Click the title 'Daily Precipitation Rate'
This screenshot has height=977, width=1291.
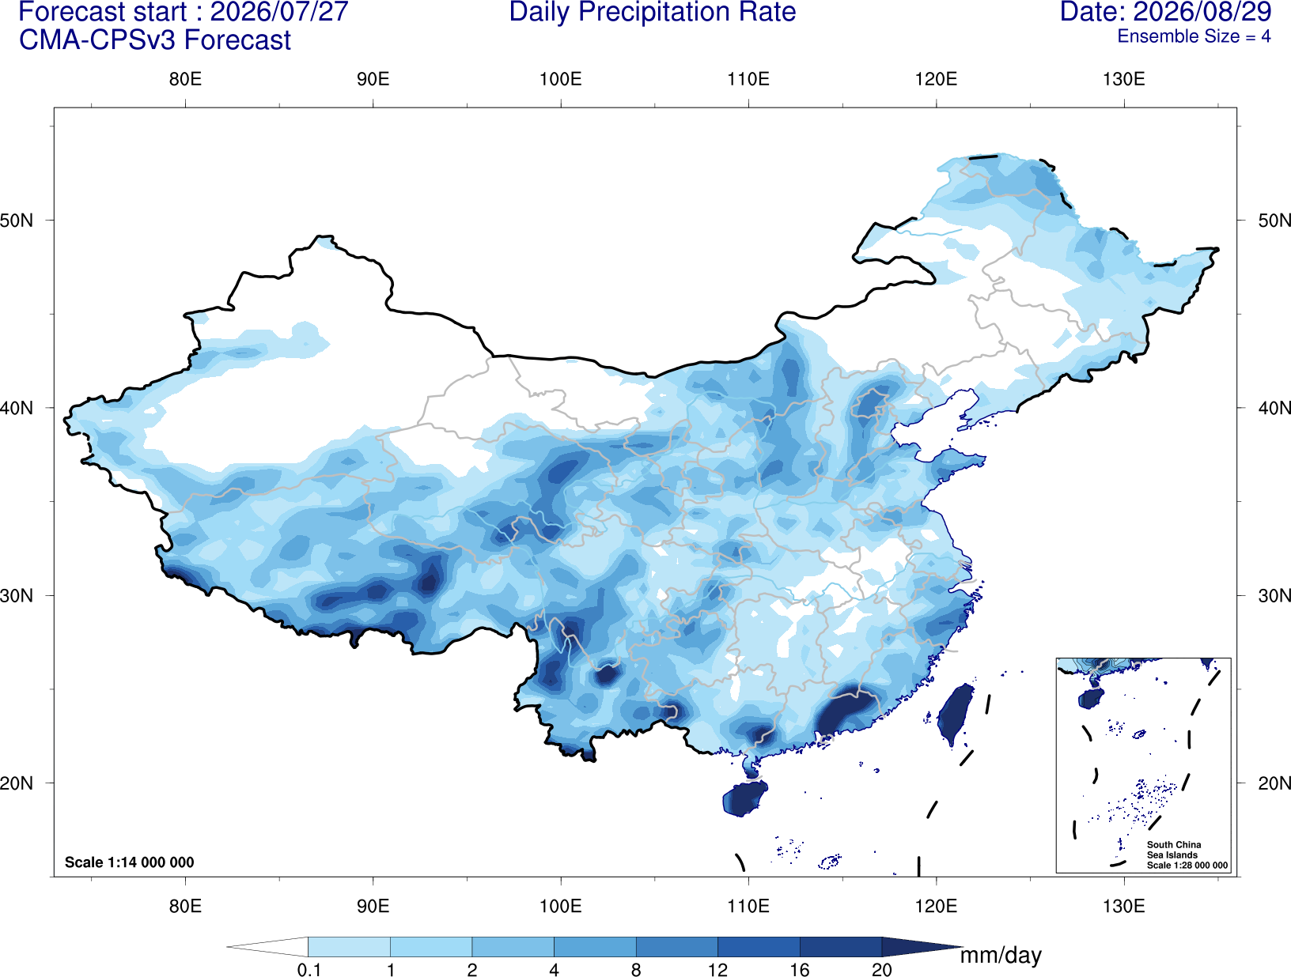653,12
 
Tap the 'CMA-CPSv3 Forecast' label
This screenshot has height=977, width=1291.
155,40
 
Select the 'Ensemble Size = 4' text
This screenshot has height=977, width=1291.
1194,36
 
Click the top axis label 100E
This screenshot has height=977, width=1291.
561,79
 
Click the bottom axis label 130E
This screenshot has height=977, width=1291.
1124,906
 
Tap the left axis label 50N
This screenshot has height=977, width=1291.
17,221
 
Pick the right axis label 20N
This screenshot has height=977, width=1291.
1274,783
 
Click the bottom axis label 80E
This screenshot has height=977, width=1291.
185,906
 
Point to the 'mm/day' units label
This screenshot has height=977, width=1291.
1001,956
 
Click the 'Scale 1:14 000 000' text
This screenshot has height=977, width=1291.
130,862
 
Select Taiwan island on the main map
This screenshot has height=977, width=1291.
955,714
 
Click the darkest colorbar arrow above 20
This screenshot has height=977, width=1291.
918,947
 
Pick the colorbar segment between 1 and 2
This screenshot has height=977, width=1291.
431,947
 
